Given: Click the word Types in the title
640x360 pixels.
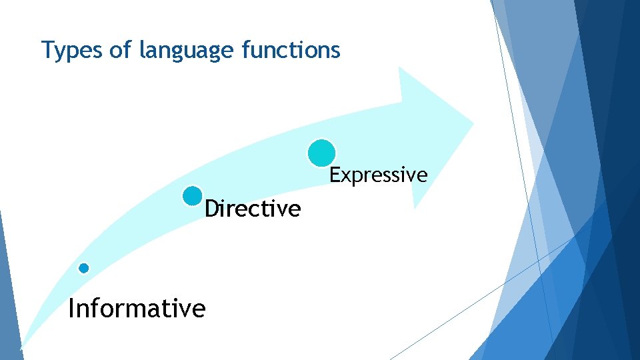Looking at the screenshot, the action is [69, 50].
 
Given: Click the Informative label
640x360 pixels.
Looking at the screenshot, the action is [137, 309].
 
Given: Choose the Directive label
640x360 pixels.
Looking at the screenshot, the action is [253, 209].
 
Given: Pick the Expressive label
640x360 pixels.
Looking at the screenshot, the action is [378, 175].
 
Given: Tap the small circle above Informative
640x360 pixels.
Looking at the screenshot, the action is [83, 268].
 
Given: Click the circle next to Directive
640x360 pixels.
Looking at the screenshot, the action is [192, 196].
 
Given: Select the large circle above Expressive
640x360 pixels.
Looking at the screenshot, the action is [321, 153].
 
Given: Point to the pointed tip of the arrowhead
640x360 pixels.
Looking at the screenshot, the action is [473, 121].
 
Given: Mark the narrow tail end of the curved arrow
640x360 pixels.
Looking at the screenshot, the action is [21, 347].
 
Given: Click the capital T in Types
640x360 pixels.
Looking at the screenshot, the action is [47, 50].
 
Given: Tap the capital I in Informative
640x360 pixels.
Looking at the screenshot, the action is [71, 309].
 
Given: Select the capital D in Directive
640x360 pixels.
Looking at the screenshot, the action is [211, 209].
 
